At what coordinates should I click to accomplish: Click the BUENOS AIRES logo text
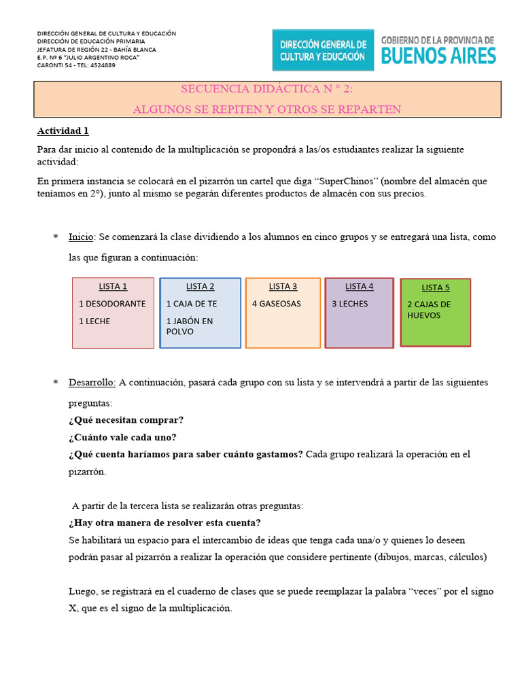tap(438, 56)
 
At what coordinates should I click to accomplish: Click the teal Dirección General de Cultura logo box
tap(323, 50)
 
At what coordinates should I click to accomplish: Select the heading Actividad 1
tap(63, 130)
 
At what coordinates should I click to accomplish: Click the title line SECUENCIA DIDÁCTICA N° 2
tap(266, 89)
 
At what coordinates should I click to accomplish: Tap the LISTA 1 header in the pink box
tap(113, 286)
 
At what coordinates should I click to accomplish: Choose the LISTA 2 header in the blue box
tap(200, 286)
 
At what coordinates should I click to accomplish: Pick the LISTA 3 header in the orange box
tap(283, 286)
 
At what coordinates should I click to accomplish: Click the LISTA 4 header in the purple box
tap(359, 286)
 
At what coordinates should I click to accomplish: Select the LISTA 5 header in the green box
tap(436, 288)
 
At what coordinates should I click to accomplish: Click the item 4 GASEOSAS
tap(276, 304)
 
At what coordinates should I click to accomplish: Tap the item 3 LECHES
tap(349, 304)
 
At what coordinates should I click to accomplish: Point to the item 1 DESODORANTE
tap(112, 304)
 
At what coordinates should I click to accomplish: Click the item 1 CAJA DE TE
tap(191, 304)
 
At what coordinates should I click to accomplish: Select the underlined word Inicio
tap(82, 237)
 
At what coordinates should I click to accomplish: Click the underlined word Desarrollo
tap(92, 383)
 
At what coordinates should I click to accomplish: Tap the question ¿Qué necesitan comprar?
tap(126, 420)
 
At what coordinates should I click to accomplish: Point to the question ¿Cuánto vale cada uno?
tap(122, 437)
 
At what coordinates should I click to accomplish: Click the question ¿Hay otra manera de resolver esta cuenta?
tap(164, 523)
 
